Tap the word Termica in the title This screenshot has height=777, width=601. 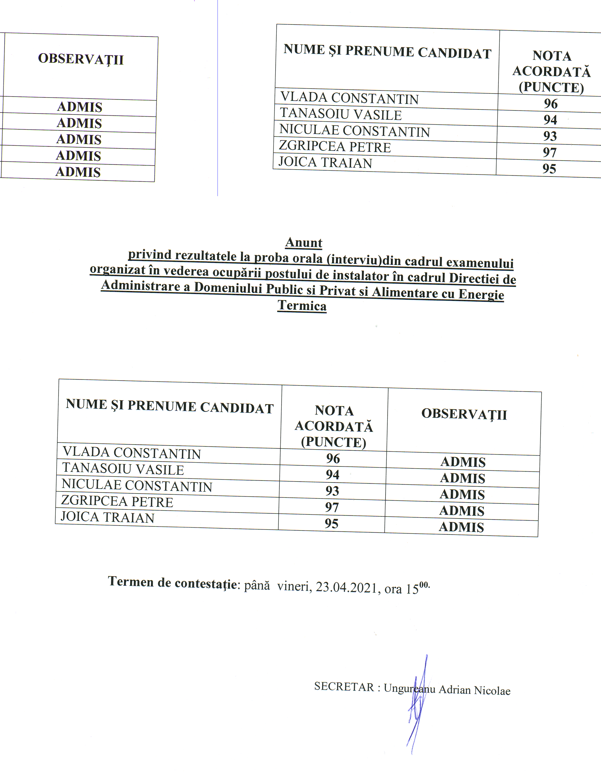pos(302,306)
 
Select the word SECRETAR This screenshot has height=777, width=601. pos(344,687)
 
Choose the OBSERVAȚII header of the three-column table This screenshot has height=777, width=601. pos(464,414)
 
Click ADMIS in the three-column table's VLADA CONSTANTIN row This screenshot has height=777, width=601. pos(463,462)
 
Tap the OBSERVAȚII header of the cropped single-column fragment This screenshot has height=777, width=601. pos(81,59)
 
